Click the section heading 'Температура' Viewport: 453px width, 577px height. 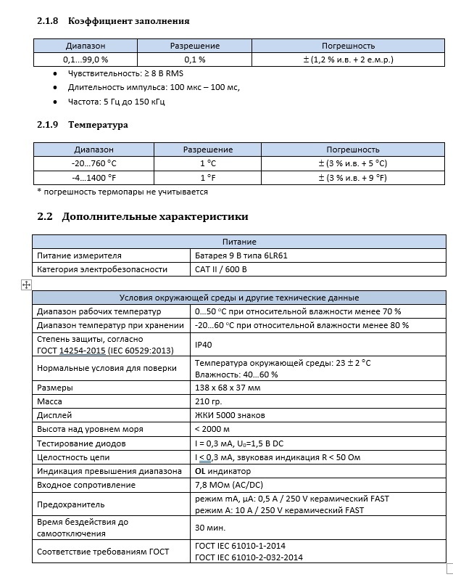pos(98,125)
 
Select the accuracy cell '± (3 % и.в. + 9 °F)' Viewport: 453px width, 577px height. pos(353,177)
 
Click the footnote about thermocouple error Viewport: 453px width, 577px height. pos(122,192)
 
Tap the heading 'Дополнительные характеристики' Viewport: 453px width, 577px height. pos(155,216)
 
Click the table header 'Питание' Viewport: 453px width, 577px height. pos(238,242)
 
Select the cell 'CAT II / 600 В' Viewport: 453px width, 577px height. pos(221,269)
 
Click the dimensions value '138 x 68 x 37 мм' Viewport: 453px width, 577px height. pos(228,388)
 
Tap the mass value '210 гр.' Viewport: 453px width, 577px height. pos(209,401)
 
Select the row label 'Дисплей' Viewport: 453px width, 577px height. pos(54,415)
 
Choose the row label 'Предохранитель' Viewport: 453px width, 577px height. pos(71,504)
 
